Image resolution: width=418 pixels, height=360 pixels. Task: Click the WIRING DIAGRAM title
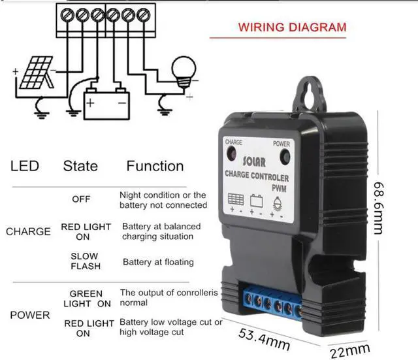(292, 28)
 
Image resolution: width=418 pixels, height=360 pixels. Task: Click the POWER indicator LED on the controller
(285, 157)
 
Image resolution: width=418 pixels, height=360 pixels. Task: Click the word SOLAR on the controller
(254, 161)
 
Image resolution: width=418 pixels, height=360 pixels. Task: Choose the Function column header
(155, 166)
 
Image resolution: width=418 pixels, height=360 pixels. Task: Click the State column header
(80, 166)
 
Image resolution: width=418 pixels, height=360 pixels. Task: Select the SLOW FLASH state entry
(84, 261)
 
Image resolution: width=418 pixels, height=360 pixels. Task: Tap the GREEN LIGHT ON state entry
(87, 299)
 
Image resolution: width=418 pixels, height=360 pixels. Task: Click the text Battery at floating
(158, 262)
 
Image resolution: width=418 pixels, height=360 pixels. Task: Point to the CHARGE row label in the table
(28, 231)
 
